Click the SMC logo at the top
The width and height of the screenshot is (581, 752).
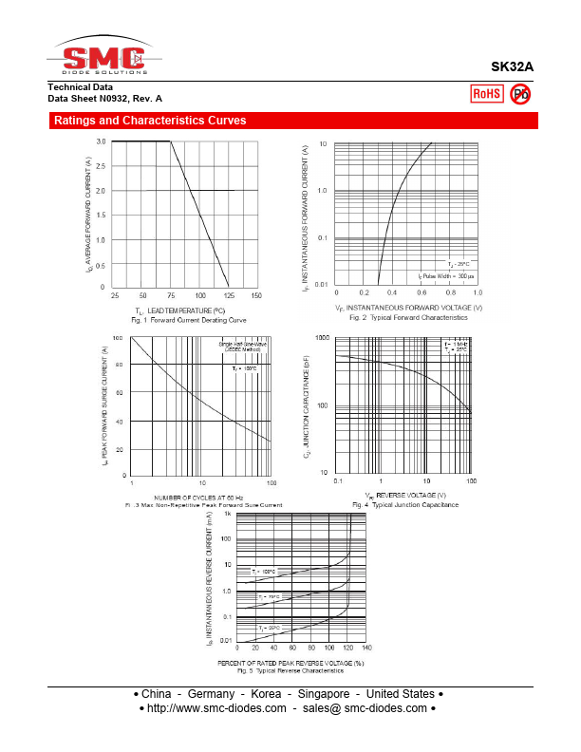click(x=104, y=56)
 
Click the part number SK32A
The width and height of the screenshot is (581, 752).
click(x=512, y=67)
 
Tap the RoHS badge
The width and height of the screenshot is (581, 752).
click(x=487, y=93)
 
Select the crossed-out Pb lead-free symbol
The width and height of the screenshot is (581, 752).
click(x=520, y=93)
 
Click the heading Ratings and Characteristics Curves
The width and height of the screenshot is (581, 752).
click(x=150, y=121)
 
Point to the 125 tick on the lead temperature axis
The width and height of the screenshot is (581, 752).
click(x=228, y=296)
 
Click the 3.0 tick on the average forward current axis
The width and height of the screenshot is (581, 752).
click(x=102, y=141)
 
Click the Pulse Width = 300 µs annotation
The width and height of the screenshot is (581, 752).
click(x=446, y=275)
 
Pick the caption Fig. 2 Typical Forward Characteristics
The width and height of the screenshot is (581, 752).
click(x=408, y=317)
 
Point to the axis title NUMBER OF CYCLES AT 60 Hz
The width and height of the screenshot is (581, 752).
click(x=198, y=497)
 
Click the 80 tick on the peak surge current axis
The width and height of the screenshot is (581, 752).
click(x=119, y=366)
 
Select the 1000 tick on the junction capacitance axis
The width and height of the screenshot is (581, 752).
click(x=322, y=338)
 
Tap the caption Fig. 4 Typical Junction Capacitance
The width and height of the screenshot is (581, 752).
click(x=405, y=505)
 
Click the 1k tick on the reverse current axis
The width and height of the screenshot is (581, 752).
click(x=227, y=513)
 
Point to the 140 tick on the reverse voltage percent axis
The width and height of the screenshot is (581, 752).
click(x=366, y=649)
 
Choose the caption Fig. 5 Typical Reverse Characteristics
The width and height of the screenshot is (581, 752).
click(x=290, y=671)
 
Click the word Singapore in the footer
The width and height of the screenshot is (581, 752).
click(x=322, y=694)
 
